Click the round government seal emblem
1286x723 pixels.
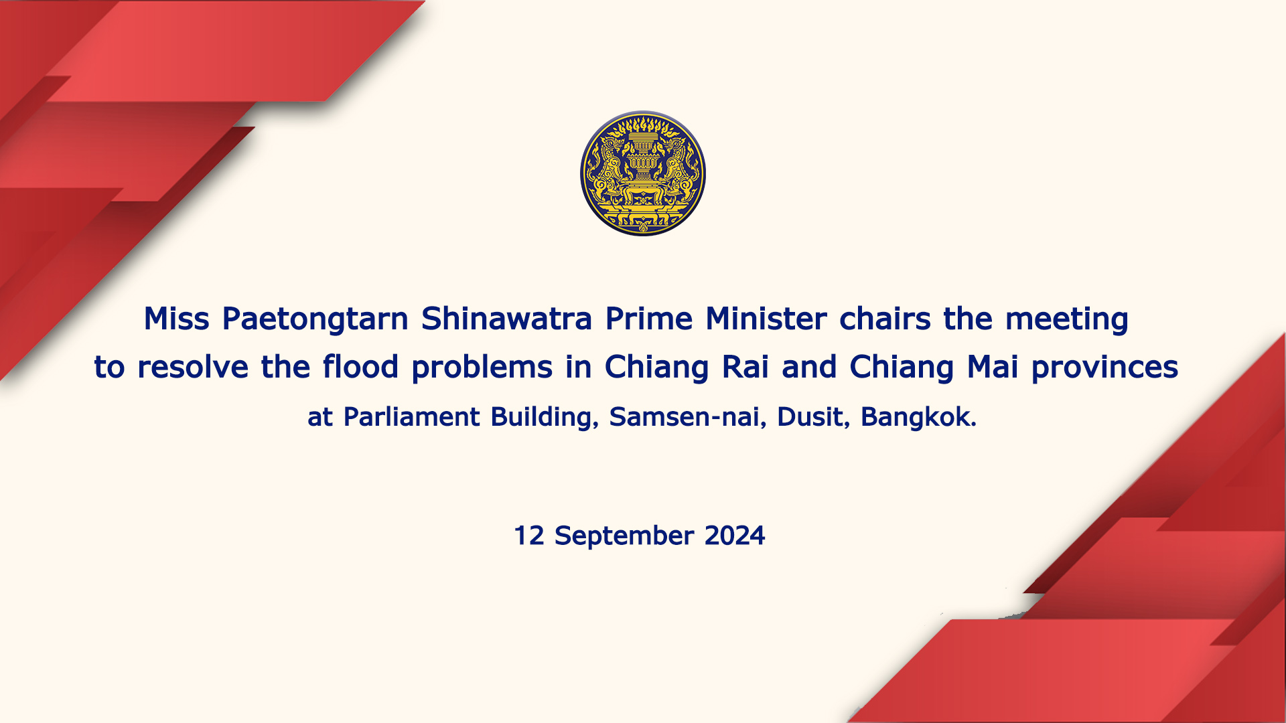coord(643,173)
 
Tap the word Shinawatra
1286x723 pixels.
coord(506,319)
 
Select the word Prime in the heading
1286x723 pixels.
coord(648,319)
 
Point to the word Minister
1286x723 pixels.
coord(766,319)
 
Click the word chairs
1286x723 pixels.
coord(885,319)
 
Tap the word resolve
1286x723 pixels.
coord(193,367)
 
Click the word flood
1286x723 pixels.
coord(360,367)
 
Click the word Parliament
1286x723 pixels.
coord(411,417)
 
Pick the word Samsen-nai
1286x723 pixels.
coord(687,417)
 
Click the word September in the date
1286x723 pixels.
coord(624,536)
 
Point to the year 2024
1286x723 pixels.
coord(735,536)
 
